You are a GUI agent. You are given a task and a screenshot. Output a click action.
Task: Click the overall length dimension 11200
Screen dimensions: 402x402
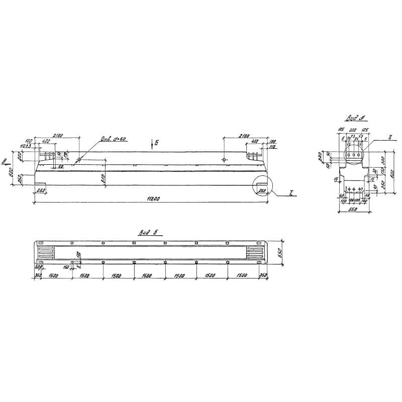pos(154,200)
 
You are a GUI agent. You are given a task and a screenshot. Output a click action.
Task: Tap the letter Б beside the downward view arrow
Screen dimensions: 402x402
pos(157,143)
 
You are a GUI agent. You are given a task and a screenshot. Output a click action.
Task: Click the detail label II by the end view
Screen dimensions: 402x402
pos(390,137)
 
